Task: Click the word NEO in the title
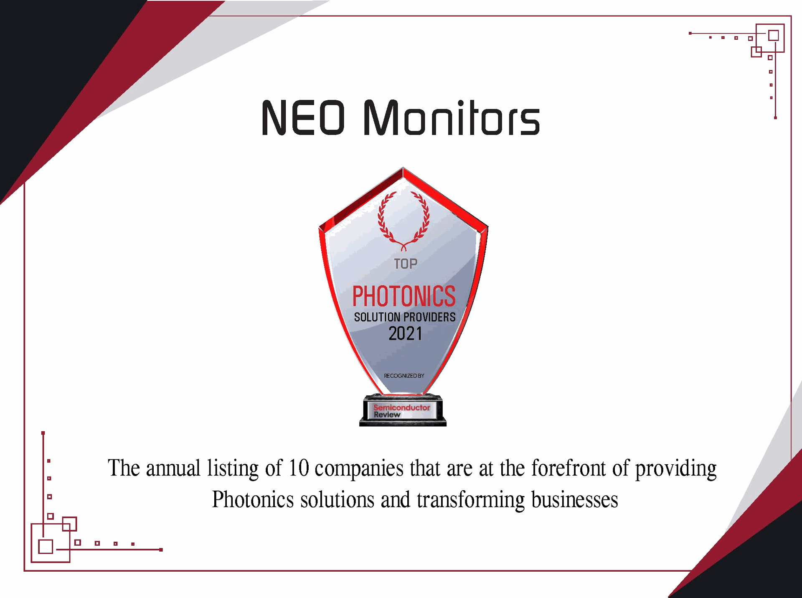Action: pyautogui.click(x=303, y=118)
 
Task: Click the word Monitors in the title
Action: pyautogui.click(x=452, y=118)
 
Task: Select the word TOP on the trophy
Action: pyautogui.click(x=406, y=264)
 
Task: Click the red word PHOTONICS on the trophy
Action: pyautogui.click(x=404, y=296)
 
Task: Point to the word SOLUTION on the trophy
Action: pyautogui.click(x=377, y=318)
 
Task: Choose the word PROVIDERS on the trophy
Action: pyautogui.click(x=430, y=318)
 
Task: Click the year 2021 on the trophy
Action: pyautogui.click(x=405, y=334)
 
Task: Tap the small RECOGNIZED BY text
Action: pyautogui.click(x=404, y=376)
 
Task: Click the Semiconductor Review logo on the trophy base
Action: pyautogui.click(x=401, y=411)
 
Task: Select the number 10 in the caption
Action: pyautogui.click(x=299, y=468)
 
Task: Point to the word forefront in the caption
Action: pyautogui.click(x=569, y=468)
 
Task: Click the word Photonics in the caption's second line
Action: pyautogui.click(x=253, y=500)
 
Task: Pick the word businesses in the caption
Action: pyautogui.click(x=575, y=500)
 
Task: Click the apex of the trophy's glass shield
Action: pyautogui.click(x=403, y=169)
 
